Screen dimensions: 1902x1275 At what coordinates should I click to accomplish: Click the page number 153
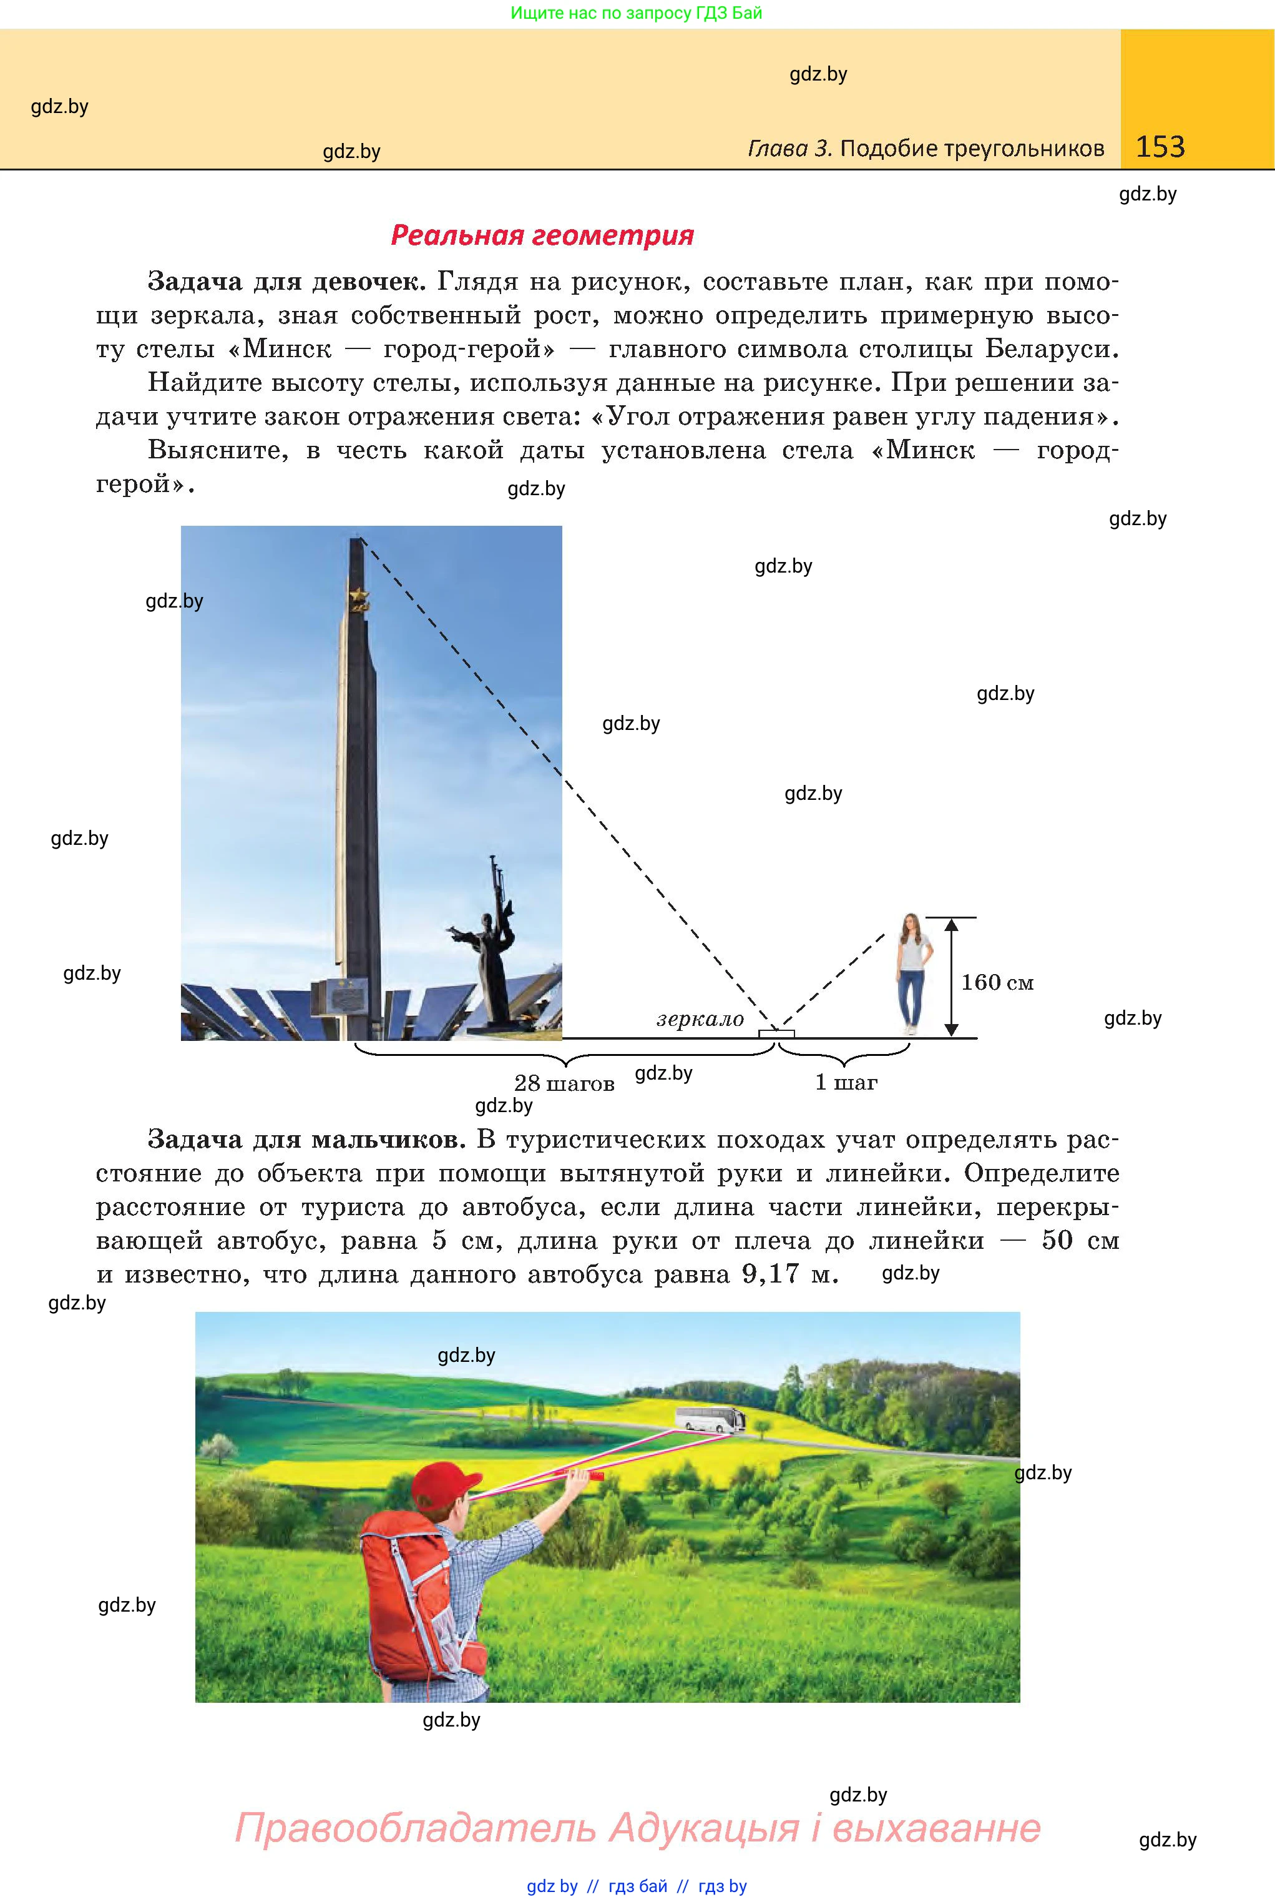1160,147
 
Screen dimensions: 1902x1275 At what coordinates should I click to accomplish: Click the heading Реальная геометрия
542,235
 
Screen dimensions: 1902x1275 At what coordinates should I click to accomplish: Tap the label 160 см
997,983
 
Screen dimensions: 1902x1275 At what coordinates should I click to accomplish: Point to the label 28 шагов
564,1083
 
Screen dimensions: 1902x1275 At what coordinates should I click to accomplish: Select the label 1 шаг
846,1083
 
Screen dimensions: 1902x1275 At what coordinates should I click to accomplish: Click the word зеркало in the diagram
700,1019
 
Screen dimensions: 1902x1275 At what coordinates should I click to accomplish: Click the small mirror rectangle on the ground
776,1034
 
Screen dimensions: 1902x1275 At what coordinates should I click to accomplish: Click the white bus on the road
710,1419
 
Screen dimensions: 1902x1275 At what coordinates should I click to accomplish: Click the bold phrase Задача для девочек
286,282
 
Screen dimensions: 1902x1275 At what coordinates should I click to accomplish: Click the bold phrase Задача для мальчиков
306,1140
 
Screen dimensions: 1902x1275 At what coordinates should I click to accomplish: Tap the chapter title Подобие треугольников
972,148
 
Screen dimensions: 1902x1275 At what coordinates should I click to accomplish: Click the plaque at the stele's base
336,996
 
